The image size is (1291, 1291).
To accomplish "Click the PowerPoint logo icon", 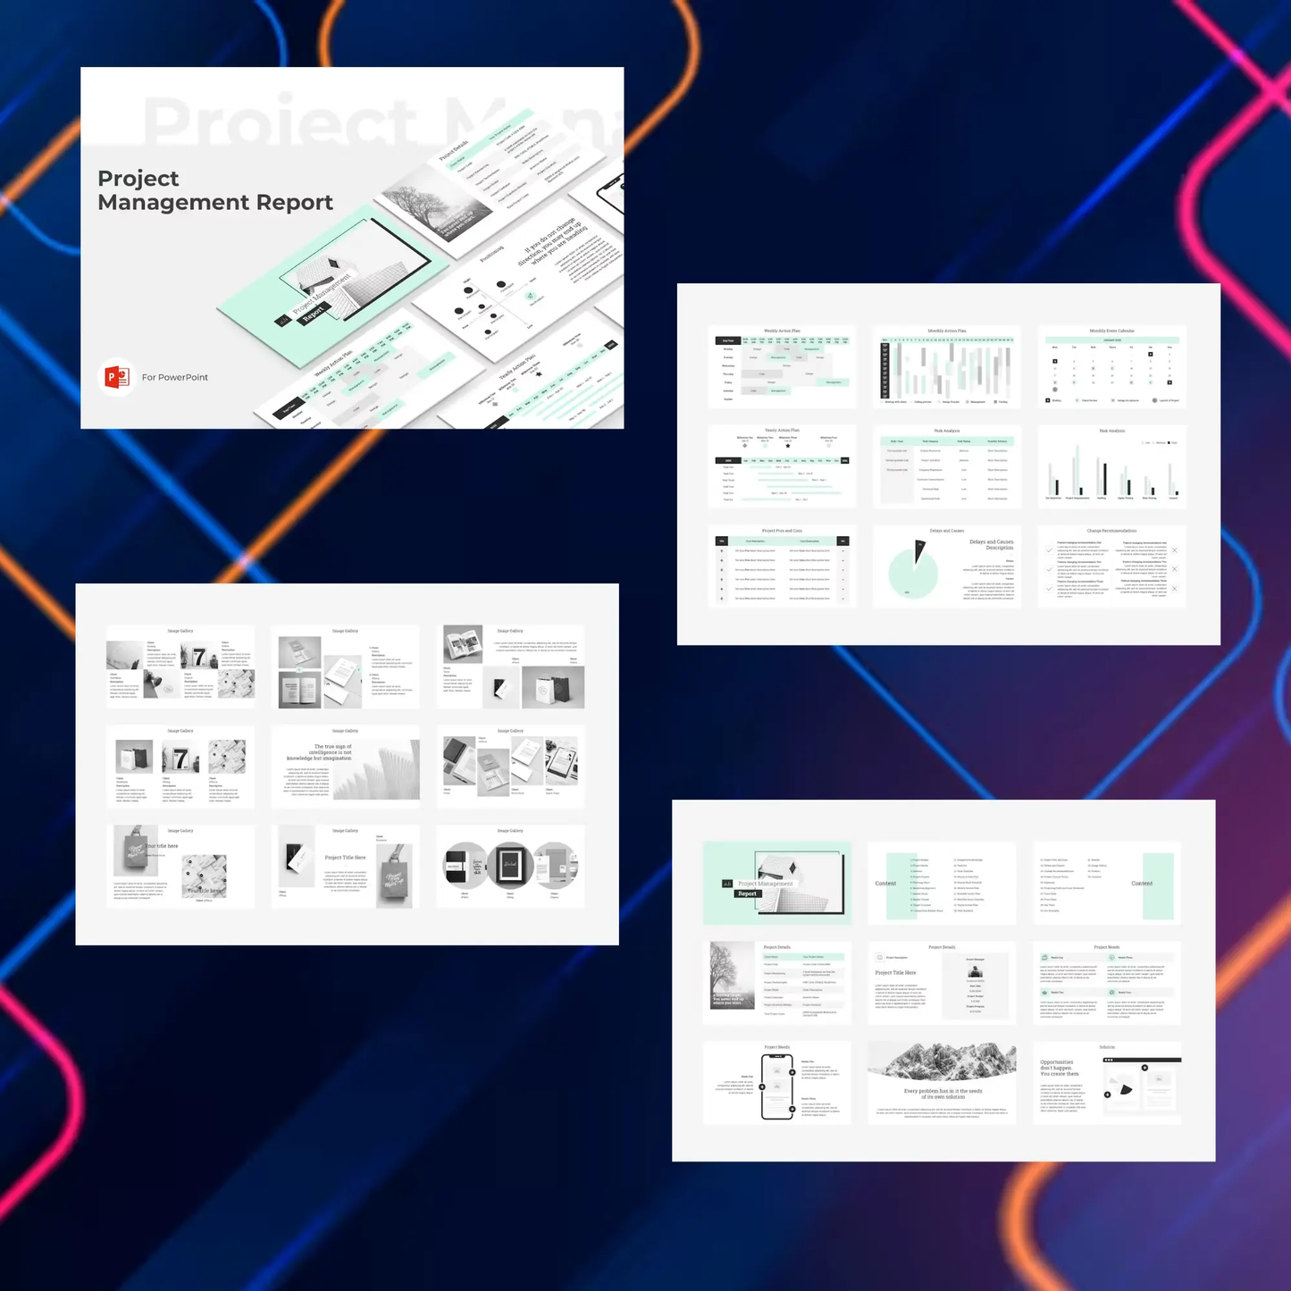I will coord(116,377).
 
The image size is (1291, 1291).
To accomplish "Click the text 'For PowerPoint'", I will coord(175,377).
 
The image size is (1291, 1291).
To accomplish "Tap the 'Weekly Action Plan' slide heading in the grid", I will coord(782,331).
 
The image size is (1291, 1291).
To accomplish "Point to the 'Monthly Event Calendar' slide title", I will coord(1111,331).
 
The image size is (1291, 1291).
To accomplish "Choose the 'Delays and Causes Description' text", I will coord(991,545).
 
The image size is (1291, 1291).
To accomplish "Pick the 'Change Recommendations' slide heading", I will coord(1111,531).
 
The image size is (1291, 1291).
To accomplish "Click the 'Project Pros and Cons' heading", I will coord(782,531).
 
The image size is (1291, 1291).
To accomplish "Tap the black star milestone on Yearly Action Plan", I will coord(787,446).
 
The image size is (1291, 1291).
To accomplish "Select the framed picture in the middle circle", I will coord(510,864).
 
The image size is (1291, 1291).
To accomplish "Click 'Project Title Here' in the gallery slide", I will coord(345,858).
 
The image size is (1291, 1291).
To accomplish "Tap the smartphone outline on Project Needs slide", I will coord(776,1086).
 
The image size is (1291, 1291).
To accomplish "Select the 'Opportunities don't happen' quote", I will coord(1059,1068).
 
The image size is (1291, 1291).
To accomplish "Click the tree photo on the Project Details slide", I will coord(732,976).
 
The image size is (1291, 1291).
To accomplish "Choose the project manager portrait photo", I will coord(975,971).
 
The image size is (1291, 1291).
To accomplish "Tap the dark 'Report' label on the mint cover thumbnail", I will coord(747,893).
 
